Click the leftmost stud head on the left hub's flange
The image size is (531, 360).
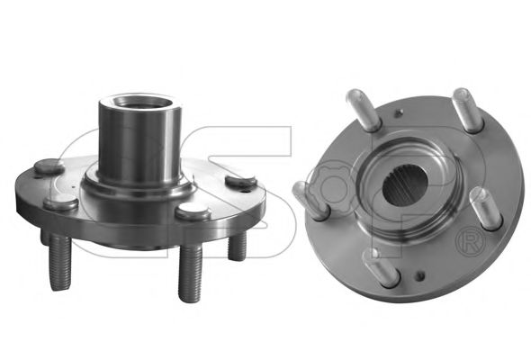(x=49, y=166)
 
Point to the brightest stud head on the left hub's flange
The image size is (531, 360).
(x=193, y=211)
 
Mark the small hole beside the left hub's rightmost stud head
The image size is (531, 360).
(x=245, y=192)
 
